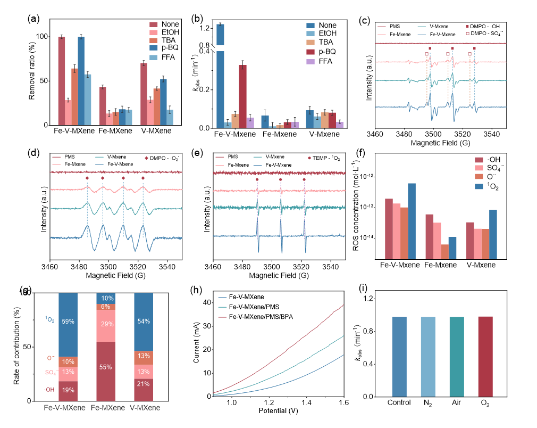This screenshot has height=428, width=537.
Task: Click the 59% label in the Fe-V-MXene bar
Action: click(x=68, y=322)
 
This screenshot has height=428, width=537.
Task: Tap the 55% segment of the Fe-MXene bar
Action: click(x=105, y=367)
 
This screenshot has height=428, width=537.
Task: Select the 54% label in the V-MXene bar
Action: click(x=144, y=322)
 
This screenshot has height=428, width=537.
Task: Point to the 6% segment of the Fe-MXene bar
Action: click(x=105, y=307)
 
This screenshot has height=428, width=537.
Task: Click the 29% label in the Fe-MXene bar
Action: click(x=105, y=324)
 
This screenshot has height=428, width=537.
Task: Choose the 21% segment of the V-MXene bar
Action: click(x=144, y=383)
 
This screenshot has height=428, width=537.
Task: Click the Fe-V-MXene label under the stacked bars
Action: click(x=64, y=408)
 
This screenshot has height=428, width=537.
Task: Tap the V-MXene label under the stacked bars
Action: click(x=145, y=408)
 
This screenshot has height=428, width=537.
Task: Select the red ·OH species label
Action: click(x=49, y=390)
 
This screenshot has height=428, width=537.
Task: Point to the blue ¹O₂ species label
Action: click(x=49, y=319)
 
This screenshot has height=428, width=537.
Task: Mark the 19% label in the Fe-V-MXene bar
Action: click(x=68, y=390)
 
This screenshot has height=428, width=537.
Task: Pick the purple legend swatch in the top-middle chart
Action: click(x=311, y=62)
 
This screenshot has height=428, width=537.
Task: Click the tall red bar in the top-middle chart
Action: click(x=242, y=96)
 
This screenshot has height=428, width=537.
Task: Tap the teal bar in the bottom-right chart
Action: click(x=457, y=356)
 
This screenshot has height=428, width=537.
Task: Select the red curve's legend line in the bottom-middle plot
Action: click(x=222, y=317)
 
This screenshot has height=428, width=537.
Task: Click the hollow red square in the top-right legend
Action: click(x=467, y=34)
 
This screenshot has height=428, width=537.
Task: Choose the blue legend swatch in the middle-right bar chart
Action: click(x=479, y=186)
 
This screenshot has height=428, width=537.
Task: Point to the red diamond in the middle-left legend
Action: click(x=147, y=158)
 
